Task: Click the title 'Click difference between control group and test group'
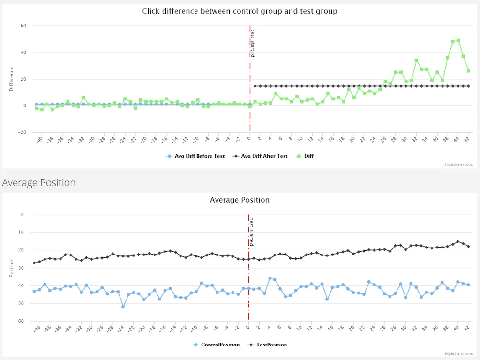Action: (x=240, y=11)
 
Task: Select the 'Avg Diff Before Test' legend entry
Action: (x=199, y=156)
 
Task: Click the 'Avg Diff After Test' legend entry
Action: (x=264, y=156)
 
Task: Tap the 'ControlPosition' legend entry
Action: (x=220, y=345)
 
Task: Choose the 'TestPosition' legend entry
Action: (x=271, y=345)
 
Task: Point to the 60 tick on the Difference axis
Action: (x=23, y=26)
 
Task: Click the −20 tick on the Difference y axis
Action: (x=22, y=132)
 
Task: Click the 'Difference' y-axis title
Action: (x=12, y=79)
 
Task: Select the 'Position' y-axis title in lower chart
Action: (x=12, y=268)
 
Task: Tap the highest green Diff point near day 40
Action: (x=458, y=40)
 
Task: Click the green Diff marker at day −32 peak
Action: (x=83, y=97)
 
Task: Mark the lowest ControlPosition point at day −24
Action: (x=123, y=307)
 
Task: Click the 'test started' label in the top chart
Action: (x=252, y=43)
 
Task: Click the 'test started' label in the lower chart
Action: (x=251, y=232)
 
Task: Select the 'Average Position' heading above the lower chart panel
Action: (x=38, y=182)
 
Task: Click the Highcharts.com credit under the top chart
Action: (x=458, y=165)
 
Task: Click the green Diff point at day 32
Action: (x=416, y=60)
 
